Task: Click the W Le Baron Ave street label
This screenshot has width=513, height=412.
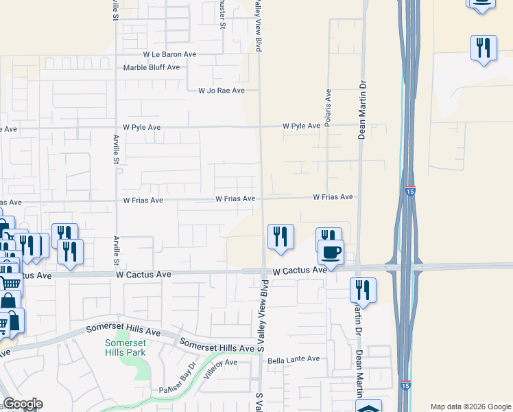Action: pyautogui.click(x=169, y=54)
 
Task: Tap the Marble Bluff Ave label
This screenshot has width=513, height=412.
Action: pyautogui.click(x=151, y=67)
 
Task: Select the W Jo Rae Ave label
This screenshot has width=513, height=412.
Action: pyautogui.click(x=221, y=91)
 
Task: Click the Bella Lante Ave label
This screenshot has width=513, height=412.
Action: pyautogui.click(x=294, y=359)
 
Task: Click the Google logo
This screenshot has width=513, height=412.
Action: pyautogui.click(x=23, y=404)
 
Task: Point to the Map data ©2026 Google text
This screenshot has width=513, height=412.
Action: pyautogui.click(x=470, y=407)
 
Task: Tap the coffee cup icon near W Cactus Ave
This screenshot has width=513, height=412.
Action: pyautogui.click(x=331, y=253)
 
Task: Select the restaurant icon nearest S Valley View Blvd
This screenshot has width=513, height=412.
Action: pyautogui.click(x=281, y=236)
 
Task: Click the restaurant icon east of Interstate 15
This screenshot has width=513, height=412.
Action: pyautogui.click(x=484, y=48)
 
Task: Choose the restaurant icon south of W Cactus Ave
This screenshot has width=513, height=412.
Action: pyautogui.click(x=363, y=290)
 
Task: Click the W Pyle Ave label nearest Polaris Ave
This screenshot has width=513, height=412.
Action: pyautogui.click(x=301, y=126)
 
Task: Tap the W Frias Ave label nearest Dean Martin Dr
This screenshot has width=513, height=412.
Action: pyautogui.click(x=333, y=197)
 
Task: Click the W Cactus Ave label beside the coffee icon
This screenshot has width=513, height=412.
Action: pyautogui.click(x=299, y=271)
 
